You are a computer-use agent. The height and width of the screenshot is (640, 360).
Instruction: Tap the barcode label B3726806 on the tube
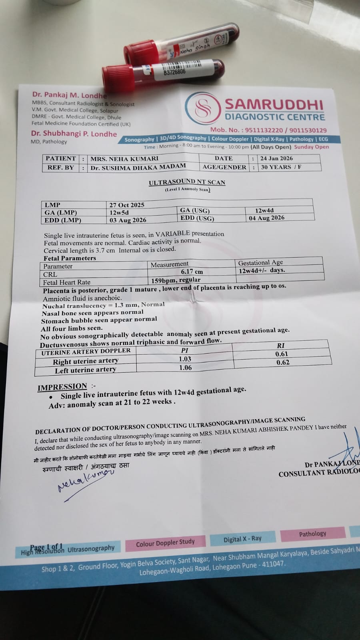point(175,72)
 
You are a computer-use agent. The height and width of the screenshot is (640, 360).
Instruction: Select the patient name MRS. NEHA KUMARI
point(124,159)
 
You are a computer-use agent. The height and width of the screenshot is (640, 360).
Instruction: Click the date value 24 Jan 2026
point(276,158)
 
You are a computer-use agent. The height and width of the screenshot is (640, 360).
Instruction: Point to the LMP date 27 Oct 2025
point(127,205)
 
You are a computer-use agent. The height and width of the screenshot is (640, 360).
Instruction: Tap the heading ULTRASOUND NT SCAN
point(187,182)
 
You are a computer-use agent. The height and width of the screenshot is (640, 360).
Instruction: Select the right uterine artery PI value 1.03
point(185,359)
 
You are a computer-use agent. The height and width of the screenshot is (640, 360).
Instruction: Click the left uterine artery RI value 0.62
point(283,362)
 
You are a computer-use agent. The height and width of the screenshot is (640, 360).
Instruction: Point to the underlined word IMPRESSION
point(62,387)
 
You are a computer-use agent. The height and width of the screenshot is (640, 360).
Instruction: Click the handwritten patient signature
point(85,480)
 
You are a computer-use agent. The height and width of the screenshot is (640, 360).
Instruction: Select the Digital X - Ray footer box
point(242,539)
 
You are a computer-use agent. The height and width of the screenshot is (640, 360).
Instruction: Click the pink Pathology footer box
point(312,534)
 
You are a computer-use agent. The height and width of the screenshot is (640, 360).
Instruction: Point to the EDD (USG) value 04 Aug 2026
point(266,218)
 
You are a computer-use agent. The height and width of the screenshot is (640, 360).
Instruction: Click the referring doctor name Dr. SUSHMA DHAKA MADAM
point(138,167)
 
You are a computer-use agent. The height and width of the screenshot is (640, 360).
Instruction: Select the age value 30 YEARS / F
point(281,167)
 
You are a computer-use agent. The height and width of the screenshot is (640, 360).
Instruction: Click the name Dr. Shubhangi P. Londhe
point(74,134)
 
